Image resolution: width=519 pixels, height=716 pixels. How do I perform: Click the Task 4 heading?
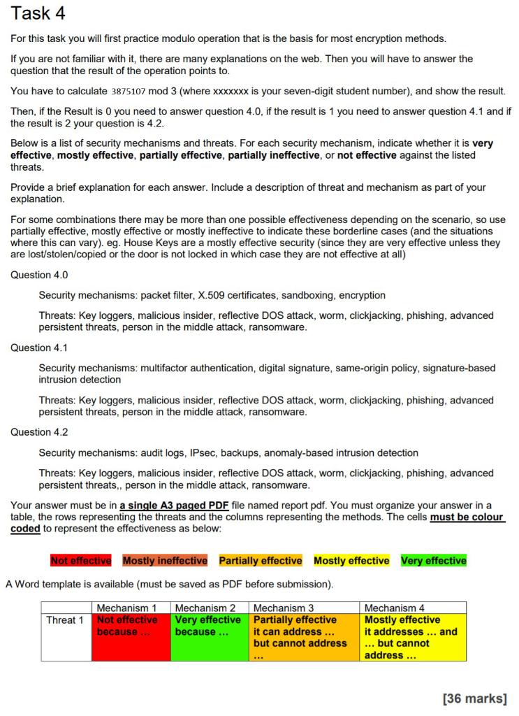tap(43, 13)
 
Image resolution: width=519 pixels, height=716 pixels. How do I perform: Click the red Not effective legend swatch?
tap(80, 561)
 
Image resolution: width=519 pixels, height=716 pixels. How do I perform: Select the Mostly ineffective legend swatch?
tap(165, 561)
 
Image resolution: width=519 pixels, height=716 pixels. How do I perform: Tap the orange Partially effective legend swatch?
tap(260, 561)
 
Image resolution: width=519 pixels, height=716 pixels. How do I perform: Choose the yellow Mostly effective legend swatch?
tap(351, 561)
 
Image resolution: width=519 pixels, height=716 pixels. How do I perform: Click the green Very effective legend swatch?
tap(434, 561)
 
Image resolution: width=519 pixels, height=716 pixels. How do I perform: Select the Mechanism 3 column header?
tap(283, 608)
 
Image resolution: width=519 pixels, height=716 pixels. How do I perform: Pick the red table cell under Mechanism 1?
tap(131, 637)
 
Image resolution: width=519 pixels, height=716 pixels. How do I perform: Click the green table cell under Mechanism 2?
tap(210, 637)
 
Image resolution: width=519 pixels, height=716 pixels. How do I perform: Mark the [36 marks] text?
tap(474, 698)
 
